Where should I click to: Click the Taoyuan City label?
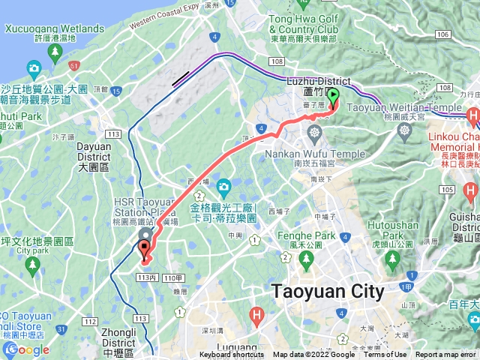[x=328, y=291]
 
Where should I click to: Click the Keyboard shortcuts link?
[x=232, y=355]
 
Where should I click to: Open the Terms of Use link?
[x=385, y=355]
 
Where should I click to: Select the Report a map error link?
[x=446, y=355]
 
